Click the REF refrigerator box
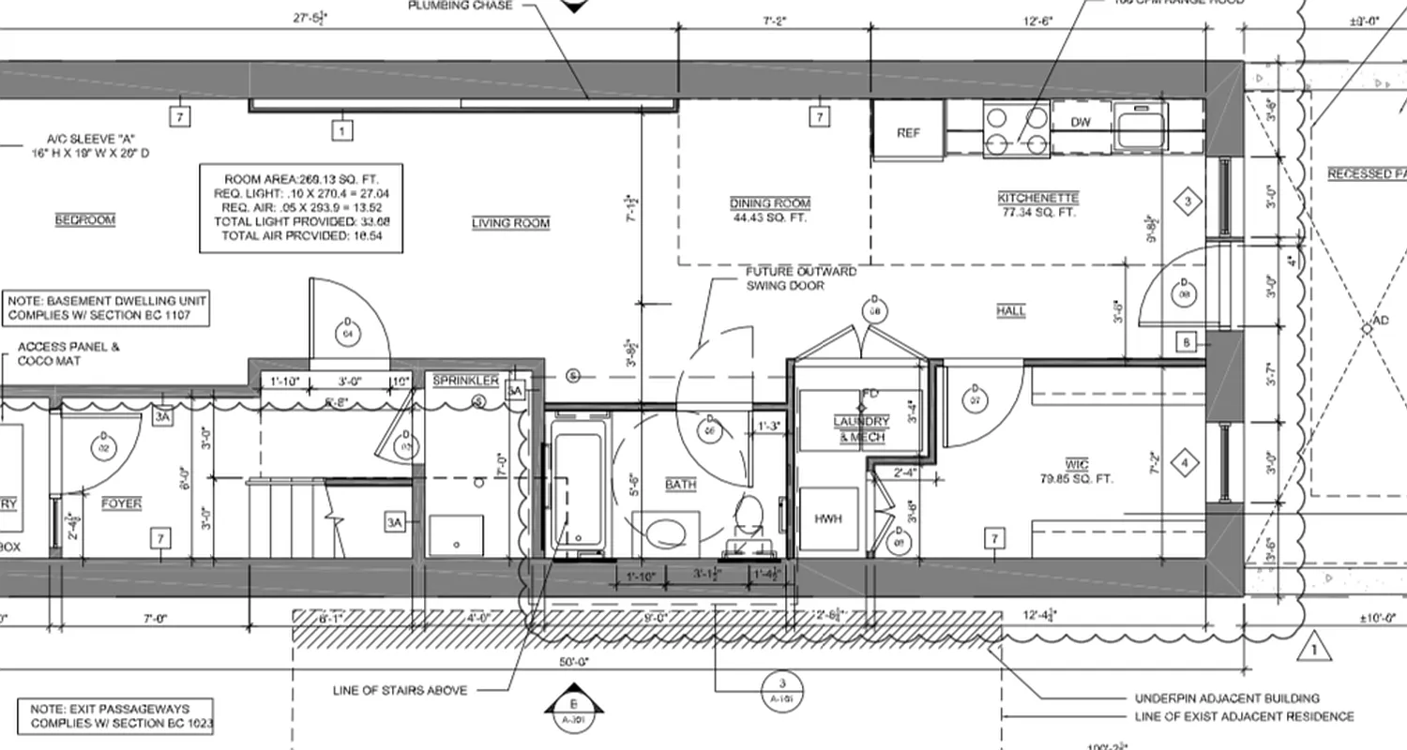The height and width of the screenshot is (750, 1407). (908, 131)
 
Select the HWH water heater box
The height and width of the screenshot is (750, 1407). (828, 517)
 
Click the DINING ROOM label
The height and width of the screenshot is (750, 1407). (770, 203)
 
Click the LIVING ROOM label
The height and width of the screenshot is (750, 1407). (510, 223)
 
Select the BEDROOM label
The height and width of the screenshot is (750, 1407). (84, 219)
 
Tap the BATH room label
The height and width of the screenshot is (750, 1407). (680, 485)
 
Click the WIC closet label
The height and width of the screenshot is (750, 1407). (1076, 465)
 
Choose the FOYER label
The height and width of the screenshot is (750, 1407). (121, 504)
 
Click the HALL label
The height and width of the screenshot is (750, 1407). (1011, 310)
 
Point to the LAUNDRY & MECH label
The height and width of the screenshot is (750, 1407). (861, 429)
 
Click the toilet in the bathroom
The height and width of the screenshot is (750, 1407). (749, 520)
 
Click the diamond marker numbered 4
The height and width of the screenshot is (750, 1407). (1185, 462)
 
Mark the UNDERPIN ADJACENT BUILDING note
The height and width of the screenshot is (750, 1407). (1226, 698)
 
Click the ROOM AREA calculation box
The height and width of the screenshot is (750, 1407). (301, 207)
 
